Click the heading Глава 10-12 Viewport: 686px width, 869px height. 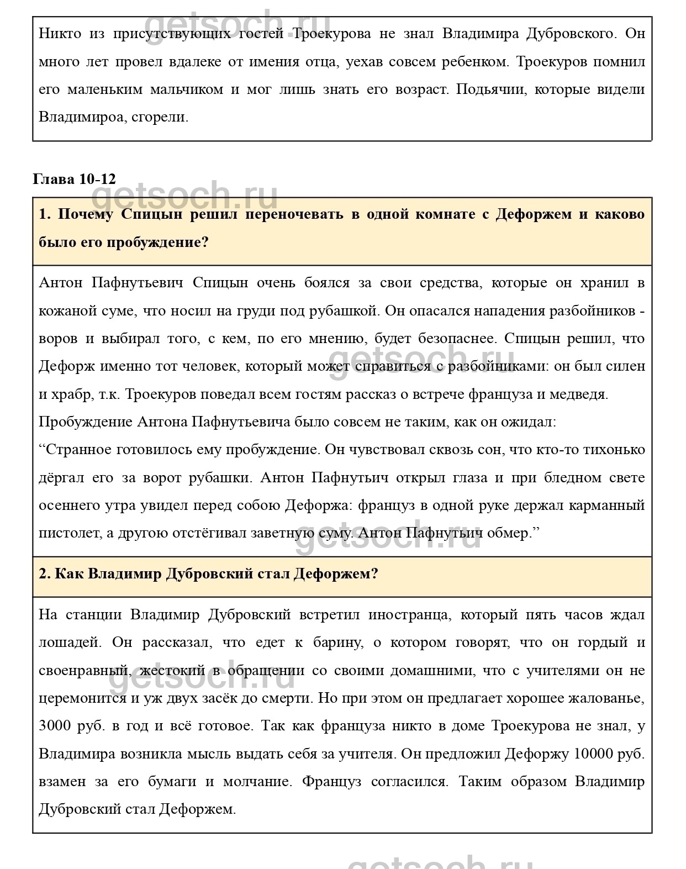[75, 179]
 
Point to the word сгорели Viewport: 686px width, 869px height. [160, 117]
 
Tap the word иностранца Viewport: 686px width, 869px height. [408, 615]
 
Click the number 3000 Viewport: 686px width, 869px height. [55, 726]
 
